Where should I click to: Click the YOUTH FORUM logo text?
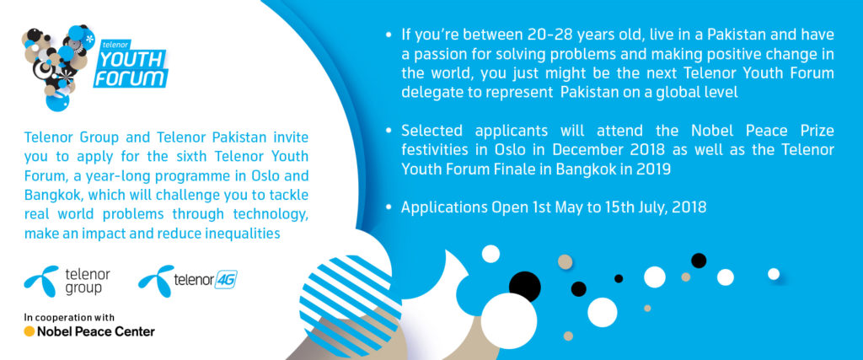(x=131, y=68)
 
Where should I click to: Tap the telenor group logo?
(x=67, y=281)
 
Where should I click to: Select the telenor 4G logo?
(x=188, y=281)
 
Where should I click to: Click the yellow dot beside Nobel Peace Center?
(x=29, y=331)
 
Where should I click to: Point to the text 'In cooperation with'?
(x=69, y=317)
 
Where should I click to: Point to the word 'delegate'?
(x=427, y=92)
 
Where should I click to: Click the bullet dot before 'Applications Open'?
(x=389, y=207)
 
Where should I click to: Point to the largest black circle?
(x=524, y=287)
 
